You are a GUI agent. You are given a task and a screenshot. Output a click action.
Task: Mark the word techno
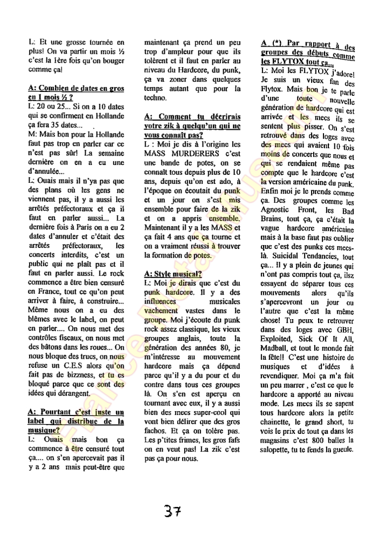[x=156, y=97]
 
